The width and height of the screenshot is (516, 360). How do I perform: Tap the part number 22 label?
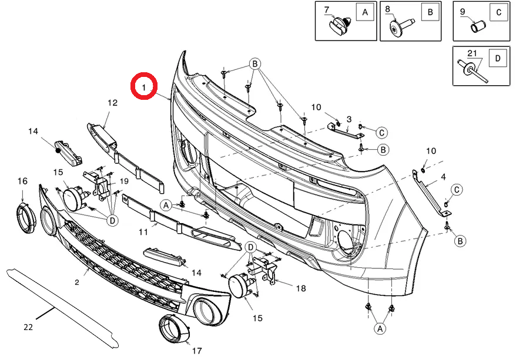28,327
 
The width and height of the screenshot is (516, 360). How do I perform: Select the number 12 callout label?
112,103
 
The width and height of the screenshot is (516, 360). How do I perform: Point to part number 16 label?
22,181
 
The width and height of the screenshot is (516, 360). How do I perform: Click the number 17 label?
196,351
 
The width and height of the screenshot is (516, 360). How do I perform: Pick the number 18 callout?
301,288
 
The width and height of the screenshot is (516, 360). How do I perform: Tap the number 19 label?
124,181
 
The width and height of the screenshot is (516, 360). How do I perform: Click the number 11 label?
143,232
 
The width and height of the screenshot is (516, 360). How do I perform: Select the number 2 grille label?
77,282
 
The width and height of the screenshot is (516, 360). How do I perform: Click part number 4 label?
443,176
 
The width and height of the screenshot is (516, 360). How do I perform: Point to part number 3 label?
349,119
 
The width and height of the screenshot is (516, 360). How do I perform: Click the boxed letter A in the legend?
364,12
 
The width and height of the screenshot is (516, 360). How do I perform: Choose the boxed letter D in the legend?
498,58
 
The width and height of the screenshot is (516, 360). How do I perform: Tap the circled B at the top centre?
255,63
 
